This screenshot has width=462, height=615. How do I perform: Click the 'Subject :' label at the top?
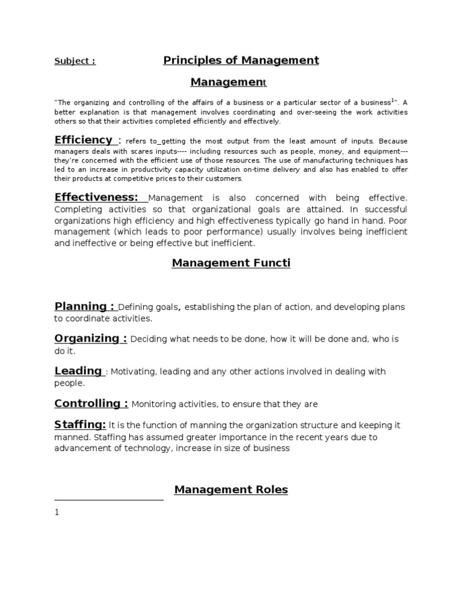click(x=75, y=61)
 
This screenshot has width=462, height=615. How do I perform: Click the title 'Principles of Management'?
click(x=241, y=60)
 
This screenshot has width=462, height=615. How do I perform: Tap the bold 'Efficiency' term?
click(x=83, y=140)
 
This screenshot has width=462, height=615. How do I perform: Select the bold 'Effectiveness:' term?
click(x=96, y=198)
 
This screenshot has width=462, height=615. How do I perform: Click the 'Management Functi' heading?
click(x=231, y=263)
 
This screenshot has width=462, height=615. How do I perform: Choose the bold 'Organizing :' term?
click(x=90, y=338)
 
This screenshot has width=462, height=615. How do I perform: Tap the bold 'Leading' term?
click(x=78, y=371)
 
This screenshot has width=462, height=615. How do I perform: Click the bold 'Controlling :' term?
click(x=91, y=403)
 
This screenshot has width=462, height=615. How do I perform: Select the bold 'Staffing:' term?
click(x=80, y=425)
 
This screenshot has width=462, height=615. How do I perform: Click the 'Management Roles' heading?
click(x=231, y=489)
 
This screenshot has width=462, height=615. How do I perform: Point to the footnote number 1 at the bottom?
click(x=57, y=512)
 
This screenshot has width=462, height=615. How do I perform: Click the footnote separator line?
click(x=109, y=500)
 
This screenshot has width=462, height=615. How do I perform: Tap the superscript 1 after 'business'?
click(x=393, y=100)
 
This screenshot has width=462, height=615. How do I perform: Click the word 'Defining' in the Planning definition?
click(x=137, y=307)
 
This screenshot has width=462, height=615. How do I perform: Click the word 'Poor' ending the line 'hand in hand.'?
click(x=397, y=220)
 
